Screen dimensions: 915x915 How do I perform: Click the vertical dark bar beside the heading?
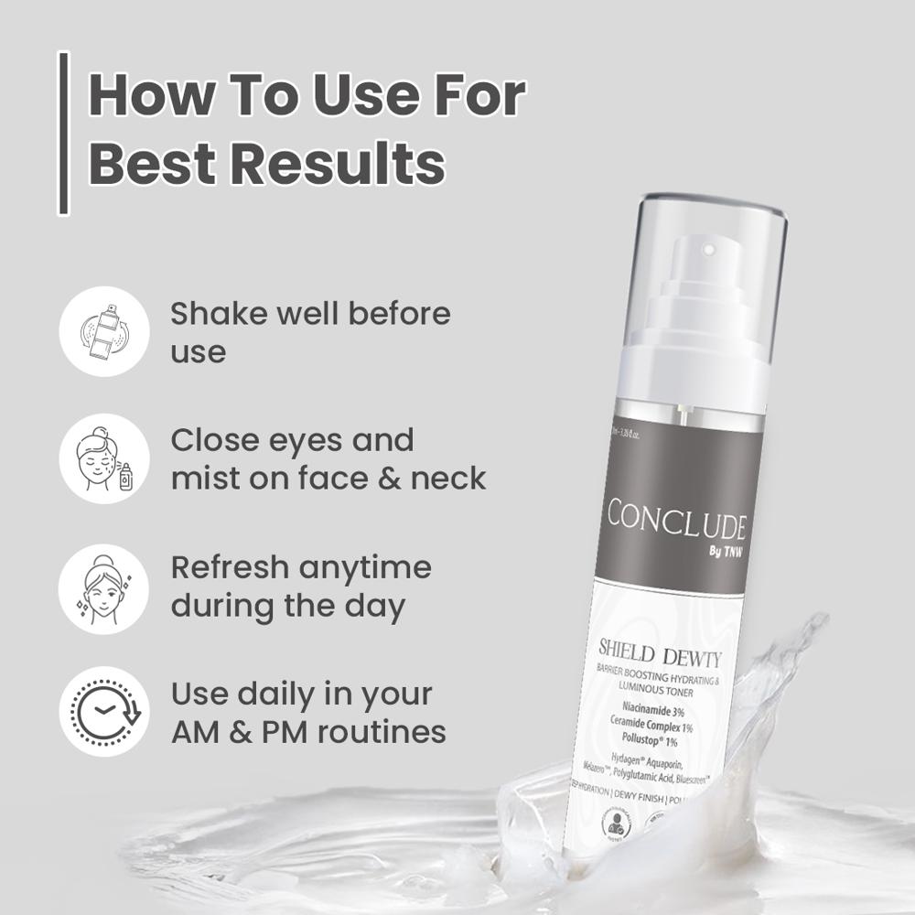63,134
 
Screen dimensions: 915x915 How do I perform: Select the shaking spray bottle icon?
103,330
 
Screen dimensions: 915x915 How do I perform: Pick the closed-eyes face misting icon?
103,457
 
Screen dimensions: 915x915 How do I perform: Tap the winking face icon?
103,587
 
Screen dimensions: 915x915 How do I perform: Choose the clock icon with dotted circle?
103,711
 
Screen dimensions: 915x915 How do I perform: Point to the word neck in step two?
447,477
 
